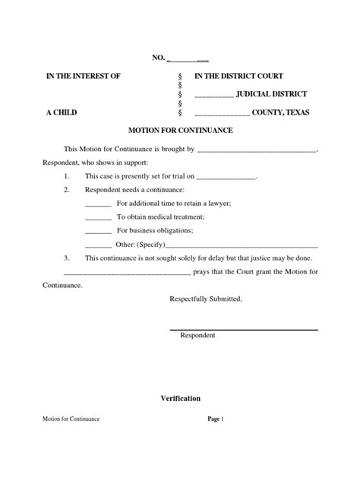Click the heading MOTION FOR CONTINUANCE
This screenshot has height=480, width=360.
click(x=180, y=131)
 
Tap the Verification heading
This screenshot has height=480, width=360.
click(x=180, y=398)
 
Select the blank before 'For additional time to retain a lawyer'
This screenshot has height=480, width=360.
click(x=98, y=204)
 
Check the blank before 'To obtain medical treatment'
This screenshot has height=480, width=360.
click(x=98, y=217)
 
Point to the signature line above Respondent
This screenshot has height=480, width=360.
click(x=243, y=328)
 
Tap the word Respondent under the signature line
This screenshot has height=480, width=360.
click(x=197, y=335)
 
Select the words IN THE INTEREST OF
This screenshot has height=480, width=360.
click(x=84, y=77)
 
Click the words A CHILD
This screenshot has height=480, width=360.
click(x=61, y=112)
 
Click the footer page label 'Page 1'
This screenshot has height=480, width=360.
click(x=216, y=419)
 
